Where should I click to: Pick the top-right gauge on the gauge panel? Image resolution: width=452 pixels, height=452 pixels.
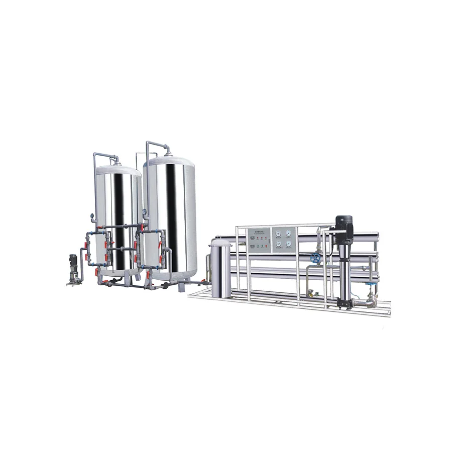(x=289, y=234)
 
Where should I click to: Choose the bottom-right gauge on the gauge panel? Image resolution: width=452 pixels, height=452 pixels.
(x=289, y=244)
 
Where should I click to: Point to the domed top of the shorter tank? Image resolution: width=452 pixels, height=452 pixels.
(x=118, y=170)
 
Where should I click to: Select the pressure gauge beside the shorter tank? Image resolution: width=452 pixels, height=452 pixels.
(x=92, y=217)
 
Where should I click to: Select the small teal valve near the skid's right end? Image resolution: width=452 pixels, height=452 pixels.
(x=372, y=285)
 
